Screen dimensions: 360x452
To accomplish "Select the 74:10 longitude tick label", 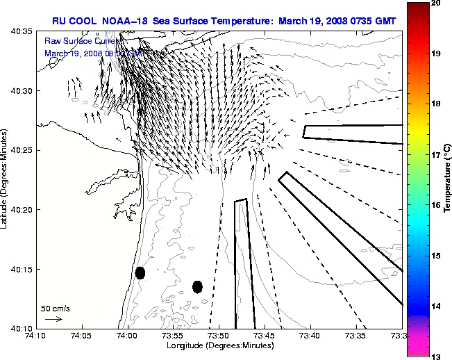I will coord(35,336).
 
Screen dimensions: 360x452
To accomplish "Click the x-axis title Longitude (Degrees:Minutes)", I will coord(218,345).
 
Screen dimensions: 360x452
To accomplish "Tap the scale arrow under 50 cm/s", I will coord(53,319).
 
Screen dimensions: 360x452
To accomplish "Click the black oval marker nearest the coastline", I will coord(140,272).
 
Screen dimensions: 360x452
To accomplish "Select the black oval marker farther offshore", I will coord(197,286).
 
